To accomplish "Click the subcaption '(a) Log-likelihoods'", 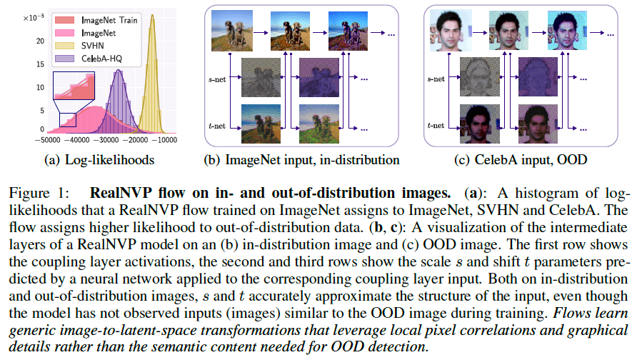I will point(99,159).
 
